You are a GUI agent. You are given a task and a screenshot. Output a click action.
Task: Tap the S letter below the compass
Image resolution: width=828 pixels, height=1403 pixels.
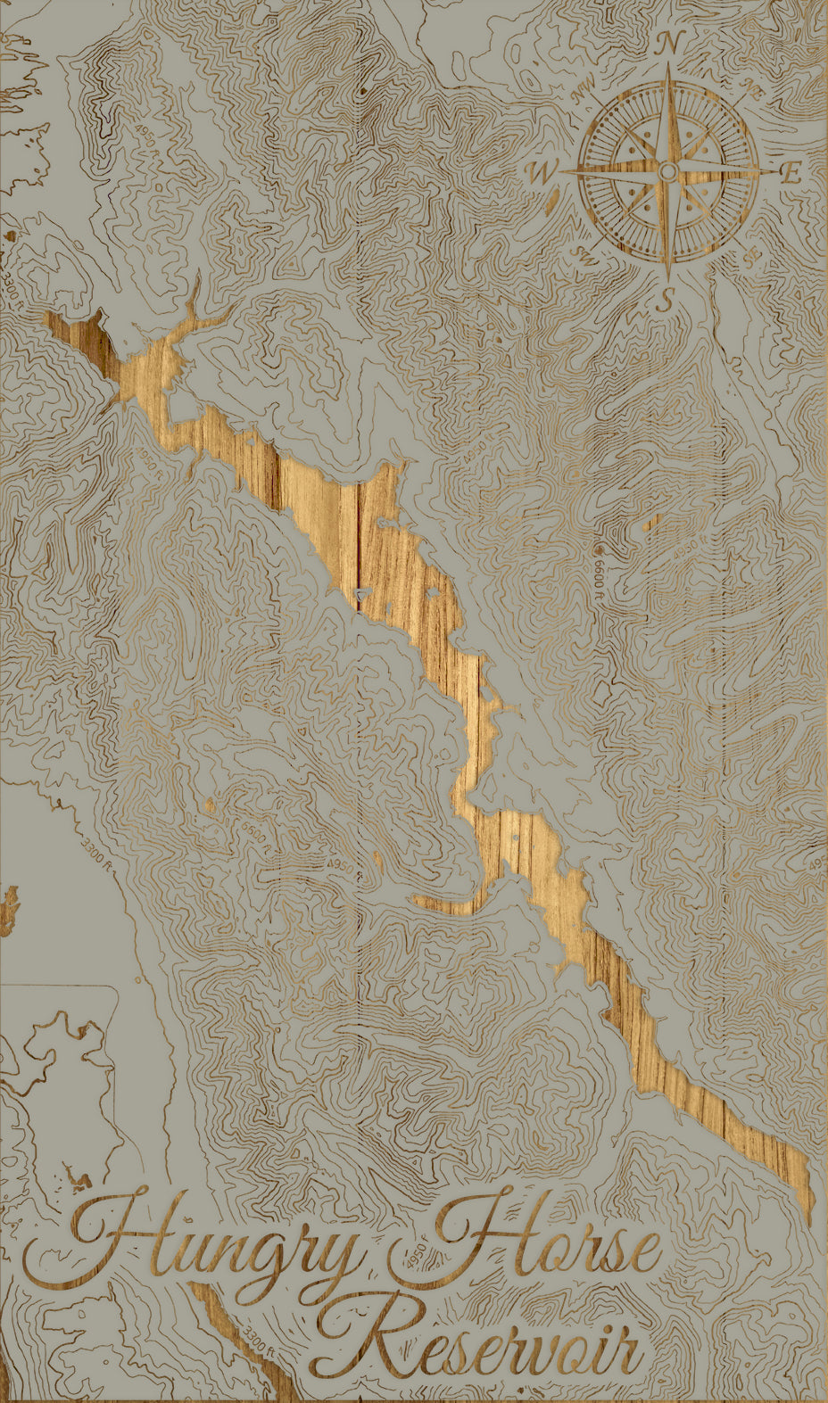pos(664,301)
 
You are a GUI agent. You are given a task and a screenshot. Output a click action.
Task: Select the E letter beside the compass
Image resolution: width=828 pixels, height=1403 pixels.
pos(791,173)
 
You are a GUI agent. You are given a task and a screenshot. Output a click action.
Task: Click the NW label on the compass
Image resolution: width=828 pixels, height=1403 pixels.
pos(584,89)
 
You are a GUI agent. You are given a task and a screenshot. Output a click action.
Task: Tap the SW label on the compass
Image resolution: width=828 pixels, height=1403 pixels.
pos(585,256)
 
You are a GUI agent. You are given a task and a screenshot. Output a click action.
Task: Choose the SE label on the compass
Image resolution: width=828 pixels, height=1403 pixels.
pos(752,256)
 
